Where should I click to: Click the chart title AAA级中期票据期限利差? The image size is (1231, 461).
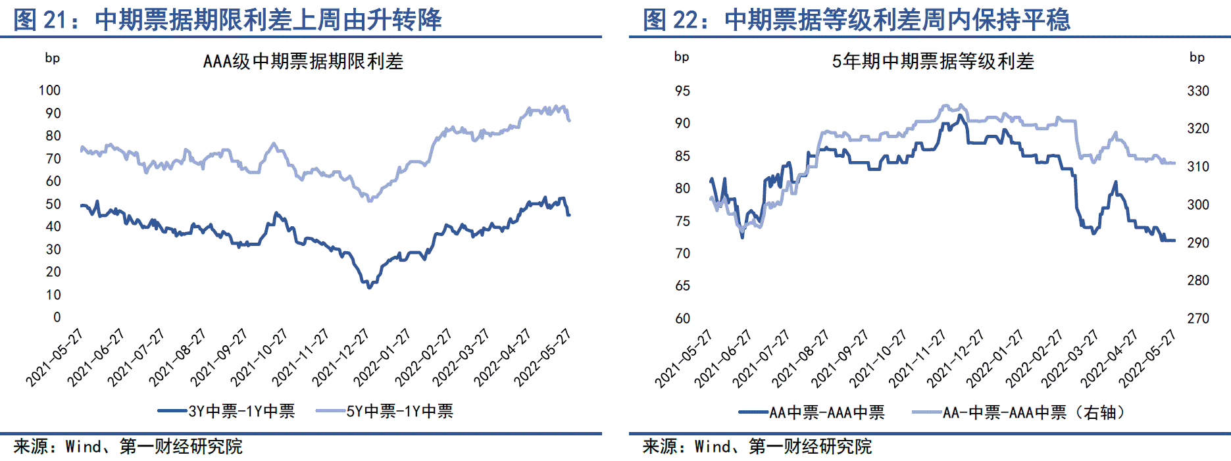coord(303,61)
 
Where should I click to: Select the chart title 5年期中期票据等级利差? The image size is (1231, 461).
coord(932,61)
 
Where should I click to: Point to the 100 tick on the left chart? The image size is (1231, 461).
coord(49,90)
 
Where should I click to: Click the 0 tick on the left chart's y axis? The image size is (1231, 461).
coord(57,317)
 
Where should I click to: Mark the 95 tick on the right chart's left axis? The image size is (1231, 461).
coord(682,91)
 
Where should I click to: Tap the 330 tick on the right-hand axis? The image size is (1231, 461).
coord(1197,91)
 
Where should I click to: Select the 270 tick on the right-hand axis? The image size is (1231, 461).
coord(1197,318)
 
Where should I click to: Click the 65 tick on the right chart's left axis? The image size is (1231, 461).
coord(682,285)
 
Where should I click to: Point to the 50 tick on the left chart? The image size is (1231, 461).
coord(53,204)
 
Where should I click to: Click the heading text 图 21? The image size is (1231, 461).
coord(39,20)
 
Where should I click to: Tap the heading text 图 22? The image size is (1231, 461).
coord(669,20)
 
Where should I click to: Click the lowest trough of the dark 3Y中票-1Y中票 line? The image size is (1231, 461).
coord(368,287)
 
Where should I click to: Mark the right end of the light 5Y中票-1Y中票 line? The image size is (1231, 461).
coord(569,120)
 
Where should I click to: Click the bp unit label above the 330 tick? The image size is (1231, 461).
coord(1197,57)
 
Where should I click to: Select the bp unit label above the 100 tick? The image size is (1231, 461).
coord(52,58)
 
